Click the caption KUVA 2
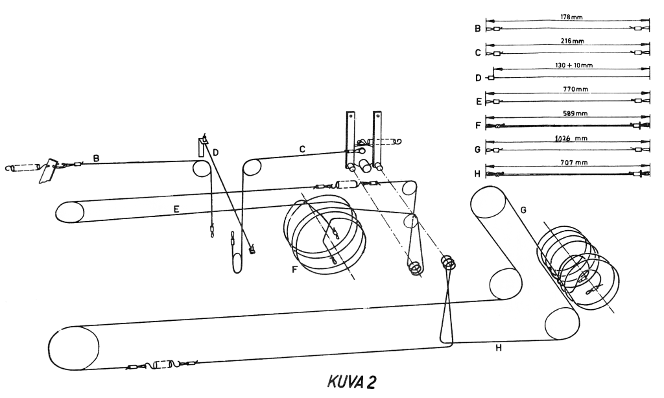(351, 382)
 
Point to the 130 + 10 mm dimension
(573, 65)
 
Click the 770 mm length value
(575, 89)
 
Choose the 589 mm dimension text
(575, 113)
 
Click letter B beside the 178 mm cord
(478, 29)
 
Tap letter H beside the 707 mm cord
(478, 174)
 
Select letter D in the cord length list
(478, 78)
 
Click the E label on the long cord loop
(176, 209)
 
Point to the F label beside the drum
(295, 269)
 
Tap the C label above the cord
(302, 150)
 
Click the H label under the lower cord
(499, 348)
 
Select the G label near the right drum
(524, 210)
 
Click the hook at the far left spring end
(8, 168)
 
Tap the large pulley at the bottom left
(73, 348)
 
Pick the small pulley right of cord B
(202, 169)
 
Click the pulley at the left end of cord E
(70, 212)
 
